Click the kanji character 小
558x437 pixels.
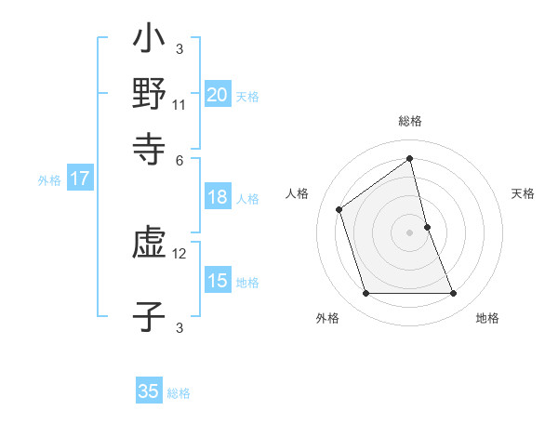(x=150, y=43)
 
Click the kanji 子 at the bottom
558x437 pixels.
(x=150, y=315)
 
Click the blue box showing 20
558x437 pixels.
(x=217, y=95)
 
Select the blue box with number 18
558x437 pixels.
(x=217, y=197)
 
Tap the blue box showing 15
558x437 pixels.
(x=217, y=281)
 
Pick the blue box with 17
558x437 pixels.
(x=79, y=179)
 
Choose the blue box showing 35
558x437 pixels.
(x=149, y=391)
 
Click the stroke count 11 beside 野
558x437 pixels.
(x=179, y=104)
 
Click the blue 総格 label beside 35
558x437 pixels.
(x=179, y=393)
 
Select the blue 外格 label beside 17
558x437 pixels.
(x=49, y=180)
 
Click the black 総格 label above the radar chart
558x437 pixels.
(x=410, y=122)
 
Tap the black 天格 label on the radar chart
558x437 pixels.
(x=524, y=193)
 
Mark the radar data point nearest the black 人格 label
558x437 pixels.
(x=339, y=208)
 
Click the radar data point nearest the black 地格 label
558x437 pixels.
(x=454, y=294)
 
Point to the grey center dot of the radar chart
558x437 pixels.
(x=410, y=232)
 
